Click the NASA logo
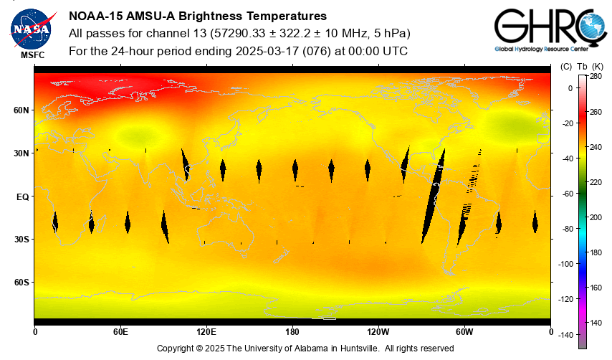tap(31, 27)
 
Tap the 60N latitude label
tap(20, 110)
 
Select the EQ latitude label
tap(22, 196)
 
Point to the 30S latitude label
tap(20, 240)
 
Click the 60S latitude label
tap(20, 283)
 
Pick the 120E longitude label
tap(206, 332)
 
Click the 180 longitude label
tap(292, 332)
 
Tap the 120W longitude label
tap(378, 332)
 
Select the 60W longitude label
tap(464, 332)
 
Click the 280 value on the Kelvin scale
tap(596, 76)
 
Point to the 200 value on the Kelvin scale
tap(596, 217)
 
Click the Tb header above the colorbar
tap(580, 66)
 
